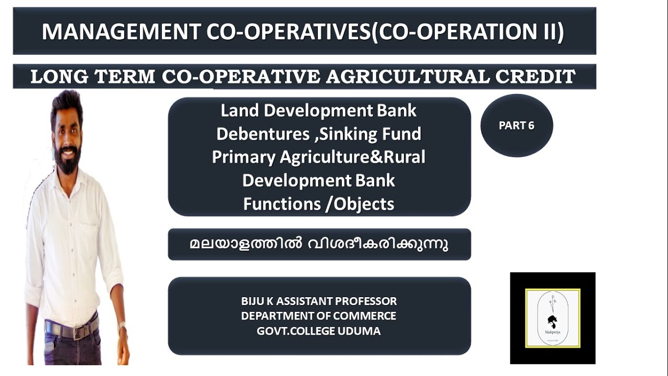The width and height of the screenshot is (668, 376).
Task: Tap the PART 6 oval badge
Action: tap(516, 126)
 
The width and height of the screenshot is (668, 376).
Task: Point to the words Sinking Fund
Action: tap(370, 134)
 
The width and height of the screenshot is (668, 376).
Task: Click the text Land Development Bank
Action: tap(318, 111)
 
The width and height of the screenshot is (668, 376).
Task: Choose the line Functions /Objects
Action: tap(318, 204)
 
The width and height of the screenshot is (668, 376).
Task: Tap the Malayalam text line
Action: tap(318, 244)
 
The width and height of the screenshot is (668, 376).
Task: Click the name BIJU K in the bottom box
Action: tap(259, 301)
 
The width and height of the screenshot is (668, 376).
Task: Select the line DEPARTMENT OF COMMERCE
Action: tap(318, 316)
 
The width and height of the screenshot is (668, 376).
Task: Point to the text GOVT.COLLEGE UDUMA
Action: tap(318, 331)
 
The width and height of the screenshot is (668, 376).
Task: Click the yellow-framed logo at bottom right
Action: tap(553, 318)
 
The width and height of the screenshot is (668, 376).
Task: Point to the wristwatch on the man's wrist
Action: tap(122, 328)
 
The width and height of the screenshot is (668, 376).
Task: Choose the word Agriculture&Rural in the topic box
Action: tap(352, 157)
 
